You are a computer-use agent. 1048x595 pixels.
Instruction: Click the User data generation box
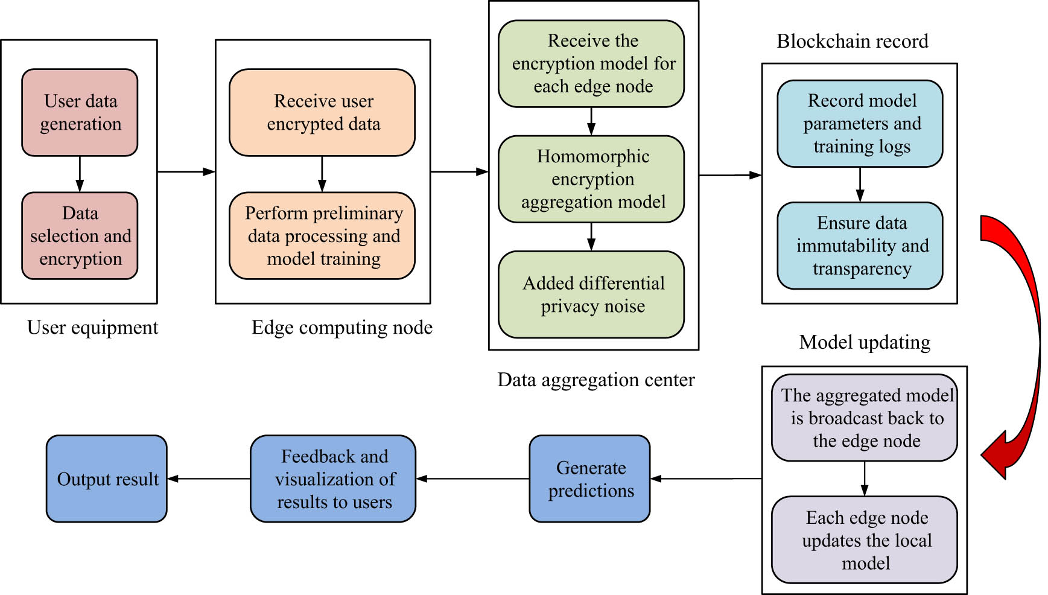[80, 112]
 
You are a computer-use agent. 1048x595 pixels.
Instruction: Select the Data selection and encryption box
[80, 235]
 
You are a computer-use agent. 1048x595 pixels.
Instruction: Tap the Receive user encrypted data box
[322, 112]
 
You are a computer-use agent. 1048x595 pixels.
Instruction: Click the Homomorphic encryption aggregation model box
[591, 179]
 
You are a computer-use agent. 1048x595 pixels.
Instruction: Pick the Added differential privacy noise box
[591, 294]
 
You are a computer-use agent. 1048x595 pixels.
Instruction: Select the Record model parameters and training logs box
[860, 123]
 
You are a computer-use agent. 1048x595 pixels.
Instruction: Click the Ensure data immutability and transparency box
[860, 246]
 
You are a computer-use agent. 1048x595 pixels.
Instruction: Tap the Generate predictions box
[589, 479]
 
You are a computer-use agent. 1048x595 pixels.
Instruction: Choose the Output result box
[107, 479]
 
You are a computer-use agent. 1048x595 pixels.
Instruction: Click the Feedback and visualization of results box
[333, 479]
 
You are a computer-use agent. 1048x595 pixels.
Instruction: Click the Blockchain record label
[852, 41]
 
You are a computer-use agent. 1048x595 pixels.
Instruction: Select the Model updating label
[864, 342]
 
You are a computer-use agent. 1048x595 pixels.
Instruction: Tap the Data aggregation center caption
[595, 380]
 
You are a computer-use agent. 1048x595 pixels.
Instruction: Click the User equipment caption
[92, 327]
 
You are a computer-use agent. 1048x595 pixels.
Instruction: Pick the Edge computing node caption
[341, 327]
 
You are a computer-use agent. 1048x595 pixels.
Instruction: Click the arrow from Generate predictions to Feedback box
[472, 479]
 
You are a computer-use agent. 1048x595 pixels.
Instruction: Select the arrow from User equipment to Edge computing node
[186, 171]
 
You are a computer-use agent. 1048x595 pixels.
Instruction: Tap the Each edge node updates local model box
[865, 539]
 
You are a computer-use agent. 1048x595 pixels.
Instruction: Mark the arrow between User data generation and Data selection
[80, 174]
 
